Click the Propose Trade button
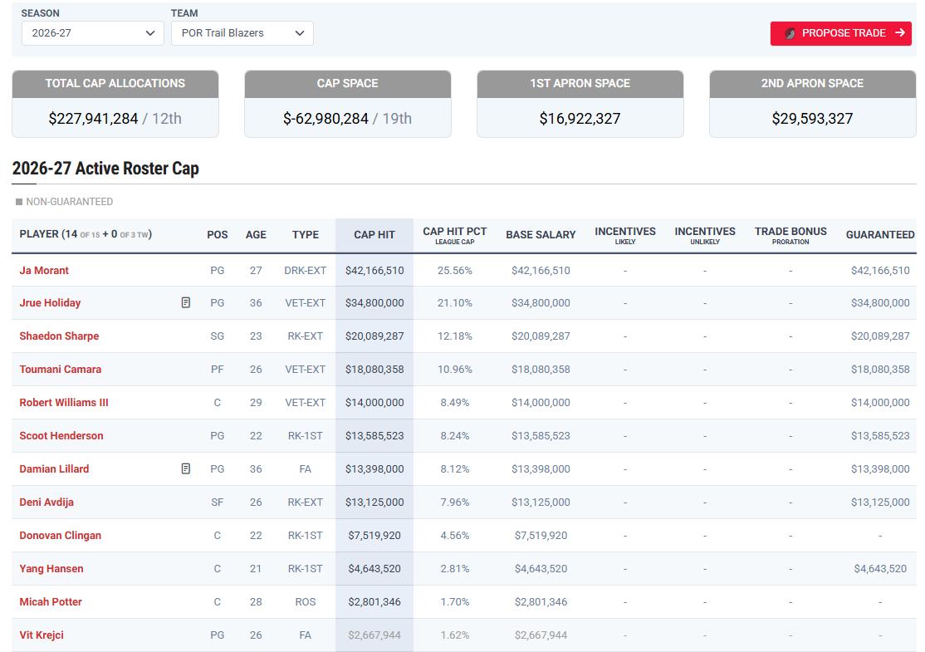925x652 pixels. pyautogui.click(x=840, y=33)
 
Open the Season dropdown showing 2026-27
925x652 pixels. pyautogui.click(x=93, y=33)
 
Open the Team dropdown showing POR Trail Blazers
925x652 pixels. pyautogui.click(x=242, y=33)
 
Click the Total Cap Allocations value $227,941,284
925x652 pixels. pyautogui.click(x=93, y=119)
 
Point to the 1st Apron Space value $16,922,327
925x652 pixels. pyautogui.click(x=580, y=119)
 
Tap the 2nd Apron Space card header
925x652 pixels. pyautogui.click(x=812, y=84)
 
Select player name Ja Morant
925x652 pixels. pyautogui.click(x=44, y=270)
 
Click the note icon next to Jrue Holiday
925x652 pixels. pyautogui.click(x=186, y=302)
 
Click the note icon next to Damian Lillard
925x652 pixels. pyautogui.click(x=186, y=468)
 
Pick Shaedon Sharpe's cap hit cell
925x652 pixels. pyautogui.click(x=374, y=336)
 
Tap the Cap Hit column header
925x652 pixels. pyautogui.click(x=374, y=235)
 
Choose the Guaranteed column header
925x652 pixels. pyautogui.click(x=880, y=235)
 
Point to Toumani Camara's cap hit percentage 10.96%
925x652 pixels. pyautogui.click(x=455, y=370)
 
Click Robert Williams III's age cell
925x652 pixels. pyautogui.click(x=256, y=402)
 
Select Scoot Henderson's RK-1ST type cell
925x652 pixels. pyautogui.click(x=305, y=435)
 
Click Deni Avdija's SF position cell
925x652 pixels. pyautogui.click(x=217, y=502)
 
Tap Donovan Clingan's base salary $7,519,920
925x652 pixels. pyautogui.click(x=541, y=535)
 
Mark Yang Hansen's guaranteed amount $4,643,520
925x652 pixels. pyautogui.click(x=880, y=568)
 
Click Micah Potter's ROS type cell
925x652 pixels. pyautogui.click(x=305, y=602)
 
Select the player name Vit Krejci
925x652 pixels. pyautogui.click(x=42, y=635)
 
